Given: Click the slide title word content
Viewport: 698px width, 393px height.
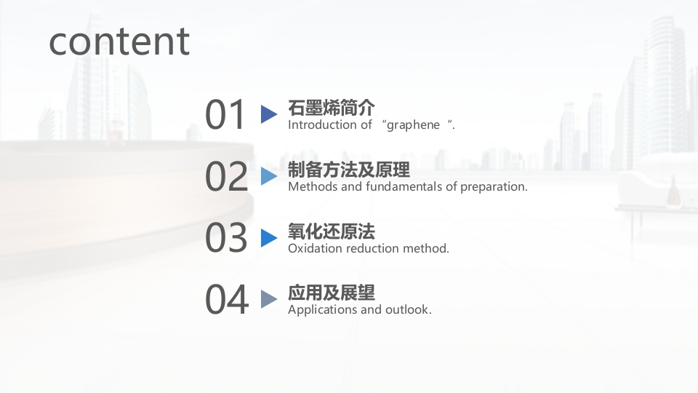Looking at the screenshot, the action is click(119, 41).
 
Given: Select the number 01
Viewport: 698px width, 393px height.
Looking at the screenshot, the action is click(225, 114).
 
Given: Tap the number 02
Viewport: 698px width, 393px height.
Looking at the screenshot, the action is click(226, 176).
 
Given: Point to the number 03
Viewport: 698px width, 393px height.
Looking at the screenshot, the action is click(226, 237).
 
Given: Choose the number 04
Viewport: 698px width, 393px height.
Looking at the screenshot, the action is click(227, 299).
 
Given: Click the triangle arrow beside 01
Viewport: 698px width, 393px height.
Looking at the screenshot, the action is click(269, 114).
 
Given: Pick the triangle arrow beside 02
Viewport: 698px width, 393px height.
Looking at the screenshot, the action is click(269, 176).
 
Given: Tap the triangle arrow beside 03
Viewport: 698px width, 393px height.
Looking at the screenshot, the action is click(269, 237).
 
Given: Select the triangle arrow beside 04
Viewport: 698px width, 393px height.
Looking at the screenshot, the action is click(269, 299).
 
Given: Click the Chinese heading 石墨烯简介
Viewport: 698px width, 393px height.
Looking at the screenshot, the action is click(332, 108).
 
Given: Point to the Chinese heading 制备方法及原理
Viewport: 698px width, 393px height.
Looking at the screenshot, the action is click(348, 170).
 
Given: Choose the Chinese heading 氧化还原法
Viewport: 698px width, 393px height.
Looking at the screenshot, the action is click(332, 231).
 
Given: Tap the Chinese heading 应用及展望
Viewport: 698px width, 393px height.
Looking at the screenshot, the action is click(332, 293).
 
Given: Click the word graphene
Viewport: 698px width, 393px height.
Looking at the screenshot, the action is click(413, 125).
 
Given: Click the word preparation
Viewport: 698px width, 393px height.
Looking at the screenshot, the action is click(494, 187).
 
